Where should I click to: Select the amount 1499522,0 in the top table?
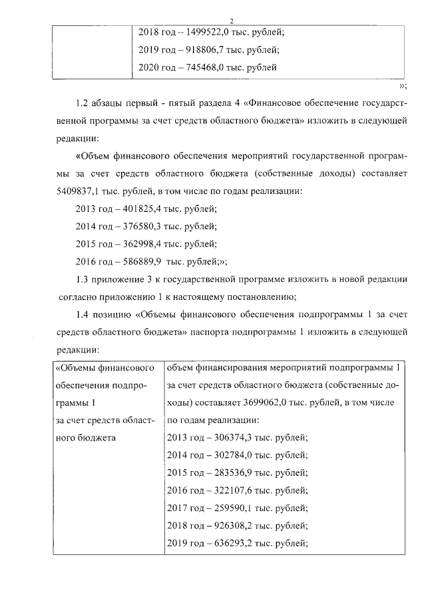click(210, 31)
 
